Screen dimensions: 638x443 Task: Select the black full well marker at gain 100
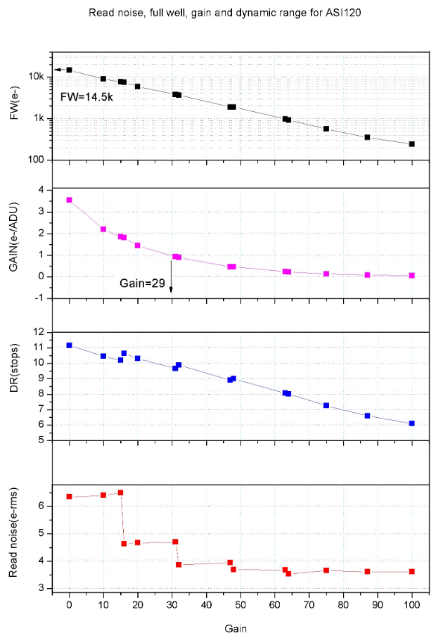click(412, 143)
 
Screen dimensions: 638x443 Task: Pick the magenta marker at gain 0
click(69, 200)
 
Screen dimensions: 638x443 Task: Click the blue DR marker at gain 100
click(412, 423)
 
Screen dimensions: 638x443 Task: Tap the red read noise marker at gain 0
click(69, 496)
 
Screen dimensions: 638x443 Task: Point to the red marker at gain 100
click(412, 571)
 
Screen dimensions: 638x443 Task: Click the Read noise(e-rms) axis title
click(15, 534)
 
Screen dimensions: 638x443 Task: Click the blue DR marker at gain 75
click(326, 405)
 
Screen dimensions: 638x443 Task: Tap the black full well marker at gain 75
click(326, 129)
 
